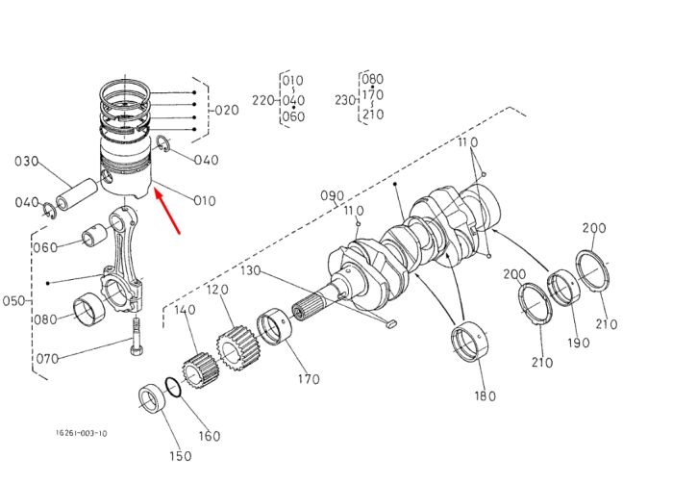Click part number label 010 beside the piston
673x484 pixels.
click(x=205, y=200)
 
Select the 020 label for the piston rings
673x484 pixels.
click(x=227, y=111)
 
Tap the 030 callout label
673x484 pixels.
click(x=27, y=162)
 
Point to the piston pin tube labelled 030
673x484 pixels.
click(x=77, y=194)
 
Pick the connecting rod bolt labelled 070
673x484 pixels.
click(x=137, y=336)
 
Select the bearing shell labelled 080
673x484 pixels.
click(x=88, y=308)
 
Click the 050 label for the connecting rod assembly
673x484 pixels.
click(x=13, y=300)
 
